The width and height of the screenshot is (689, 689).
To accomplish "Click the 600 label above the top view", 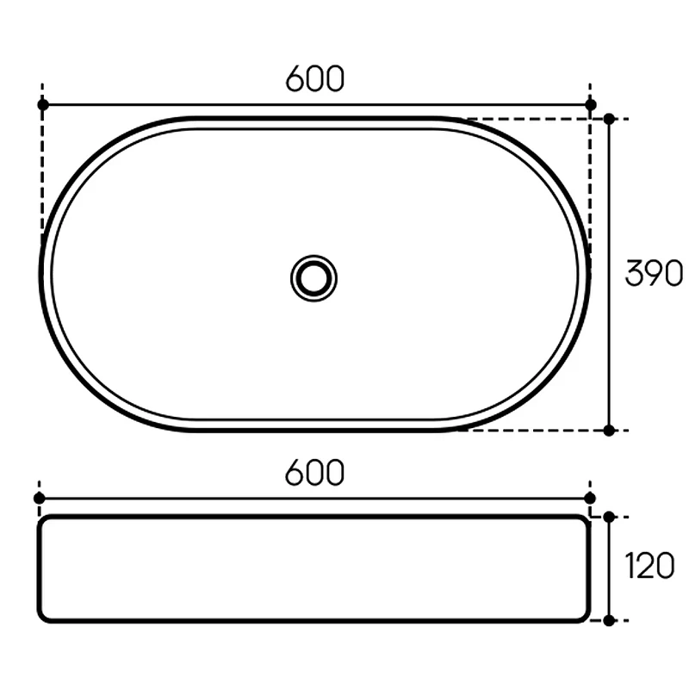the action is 314,79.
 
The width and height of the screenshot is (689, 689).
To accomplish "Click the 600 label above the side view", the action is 314,472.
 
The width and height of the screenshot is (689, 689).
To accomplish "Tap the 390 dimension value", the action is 655,273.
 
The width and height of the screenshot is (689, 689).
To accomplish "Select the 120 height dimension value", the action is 649,566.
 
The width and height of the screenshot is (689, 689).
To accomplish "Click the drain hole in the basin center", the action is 313,278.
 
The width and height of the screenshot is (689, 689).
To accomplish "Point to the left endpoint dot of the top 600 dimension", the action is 43,105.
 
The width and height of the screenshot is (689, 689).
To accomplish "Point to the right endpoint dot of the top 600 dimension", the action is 591,105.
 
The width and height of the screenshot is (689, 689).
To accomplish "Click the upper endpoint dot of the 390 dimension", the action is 609,119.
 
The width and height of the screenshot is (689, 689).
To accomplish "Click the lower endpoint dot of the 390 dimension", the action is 609,431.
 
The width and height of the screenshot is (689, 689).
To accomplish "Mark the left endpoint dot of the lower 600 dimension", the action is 39,499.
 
